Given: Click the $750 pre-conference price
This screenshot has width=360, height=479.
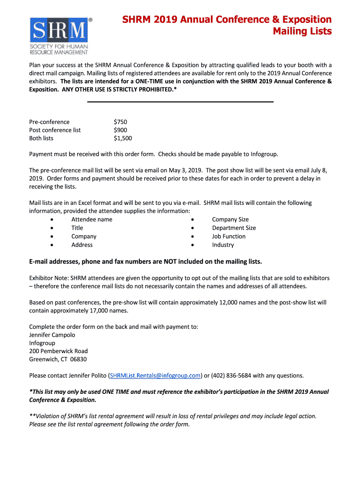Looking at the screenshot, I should coord(120,122).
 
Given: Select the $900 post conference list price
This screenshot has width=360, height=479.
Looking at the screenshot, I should coord(120,130).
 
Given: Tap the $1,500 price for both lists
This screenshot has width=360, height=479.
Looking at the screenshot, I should coord(123,138).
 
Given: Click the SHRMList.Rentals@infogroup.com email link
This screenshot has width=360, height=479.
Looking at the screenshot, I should coord(156,376).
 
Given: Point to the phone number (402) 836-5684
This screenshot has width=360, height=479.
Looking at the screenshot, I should coord(231,376).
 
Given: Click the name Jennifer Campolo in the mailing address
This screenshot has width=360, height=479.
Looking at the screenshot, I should coord(52,335).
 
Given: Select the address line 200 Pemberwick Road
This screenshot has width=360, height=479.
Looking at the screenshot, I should coord(58,351).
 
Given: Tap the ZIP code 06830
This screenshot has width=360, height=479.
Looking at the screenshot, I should coord(79,360).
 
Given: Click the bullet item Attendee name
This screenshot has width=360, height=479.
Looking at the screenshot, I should coord(92,220).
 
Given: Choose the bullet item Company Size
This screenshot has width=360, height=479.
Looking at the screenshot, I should coord(230,220).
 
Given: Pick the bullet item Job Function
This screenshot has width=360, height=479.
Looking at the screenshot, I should coord(229,237).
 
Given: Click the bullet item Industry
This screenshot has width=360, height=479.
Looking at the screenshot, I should coord(223,245).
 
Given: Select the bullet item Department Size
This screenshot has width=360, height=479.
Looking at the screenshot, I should coord(234,228).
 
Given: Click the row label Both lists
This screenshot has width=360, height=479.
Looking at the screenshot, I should coord(41,138).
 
